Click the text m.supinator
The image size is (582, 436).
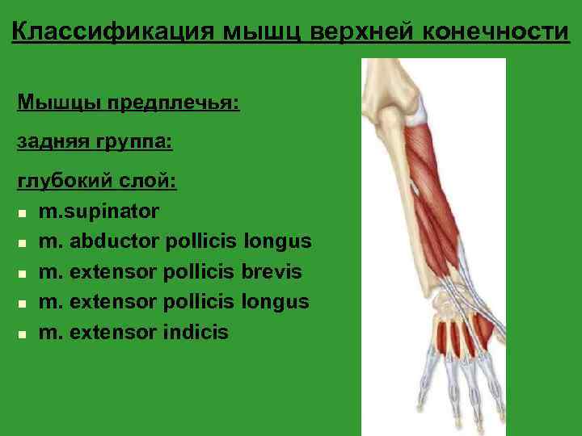tap(99, 212)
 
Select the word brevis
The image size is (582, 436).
tap(272, 271)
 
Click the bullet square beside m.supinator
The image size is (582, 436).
tap(23, 213)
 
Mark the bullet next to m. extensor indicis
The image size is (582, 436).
tap(23, 333)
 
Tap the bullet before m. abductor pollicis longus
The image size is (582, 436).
tap(23, 243)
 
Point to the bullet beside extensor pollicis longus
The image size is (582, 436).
tap(23, 303)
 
